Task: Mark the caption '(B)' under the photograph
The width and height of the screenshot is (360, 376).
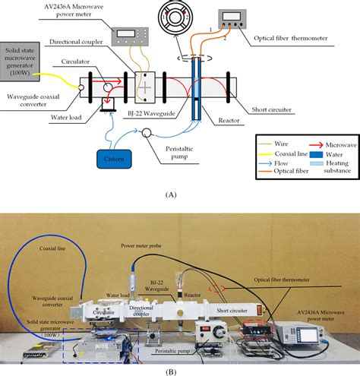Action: pos(179,369)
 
